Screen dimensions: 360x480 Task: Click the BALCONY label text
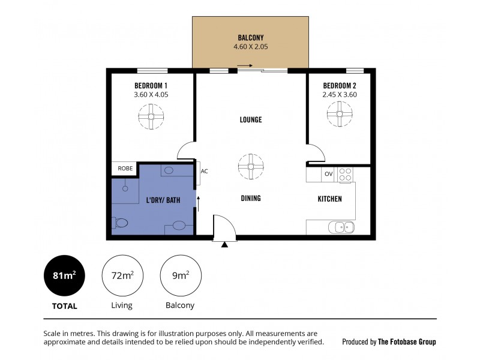[x=250, y=35]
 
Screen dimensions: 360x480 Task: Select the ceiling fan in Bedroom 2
[x=340, y=114]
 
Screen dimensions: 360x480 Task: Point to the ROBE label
[x=125, y=169]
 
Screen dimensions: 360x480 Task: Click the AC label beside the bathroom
[x=204, y=170]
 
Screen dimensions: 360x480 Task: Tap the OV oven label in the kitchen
[x=328, y=174]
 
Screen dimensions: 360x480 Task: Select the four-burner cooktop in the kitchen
[x=345, y=174]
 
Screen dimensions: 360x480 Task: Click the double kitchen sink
[x=340, y=227]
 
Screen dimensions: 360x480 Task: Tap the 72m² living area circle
[x=122, y=276]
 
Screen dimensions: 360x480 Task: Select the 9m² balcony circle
[x=180, y=276]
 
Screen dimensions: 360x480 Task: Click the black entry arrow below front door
[x=224, y=244]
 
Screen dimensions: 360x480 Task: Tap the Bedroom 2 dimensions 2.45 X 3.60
[x=340, y=94]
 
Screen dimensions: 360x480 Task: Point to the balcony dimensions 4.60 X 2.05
[x=250, y=46]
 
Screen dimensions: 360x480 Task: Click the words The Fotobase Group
[x=407, y=342]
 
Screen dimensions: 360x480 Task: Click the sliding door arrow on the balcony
[x=244, y=65]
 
